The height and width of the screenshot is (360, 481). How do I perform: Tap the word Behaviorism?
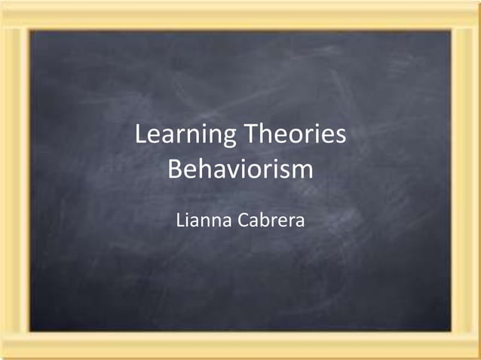[240, 169]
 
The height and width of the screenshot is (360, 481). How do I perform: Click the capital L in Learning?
[139, 136]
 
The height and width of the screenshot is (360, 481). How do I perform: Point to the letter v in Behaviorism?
[236, 170]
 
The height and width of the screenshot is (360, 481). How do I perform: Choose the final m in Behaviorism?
[302, 170]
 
